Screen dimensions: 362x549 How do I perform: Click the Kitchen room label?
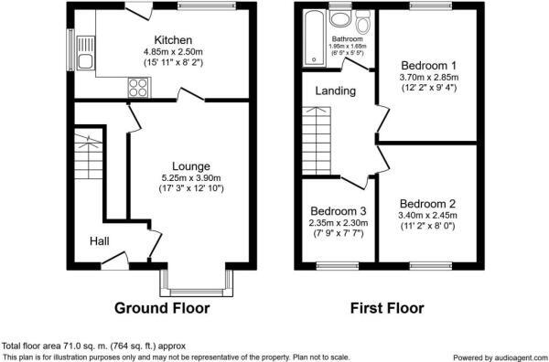click(x=173, y=40)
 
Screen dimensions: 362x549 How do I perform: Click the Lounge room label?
click(x=190, y=165)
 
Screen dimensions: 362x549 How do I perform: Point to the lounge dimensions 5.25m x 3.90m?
click(x=190, y=177)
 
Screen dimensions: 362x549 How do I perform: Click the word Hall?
click(x=100, y=241)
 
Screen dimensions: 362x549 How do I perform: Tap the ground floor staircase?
click(x=89, y=161)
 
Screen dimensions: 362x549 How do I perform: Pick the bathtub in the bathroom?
click(x=316, y=41)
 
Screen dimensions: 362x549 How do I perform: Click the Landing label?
click(x=336, y=91)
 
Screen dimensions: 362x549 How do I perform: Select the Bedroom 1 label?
click(x=428, y=66)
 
